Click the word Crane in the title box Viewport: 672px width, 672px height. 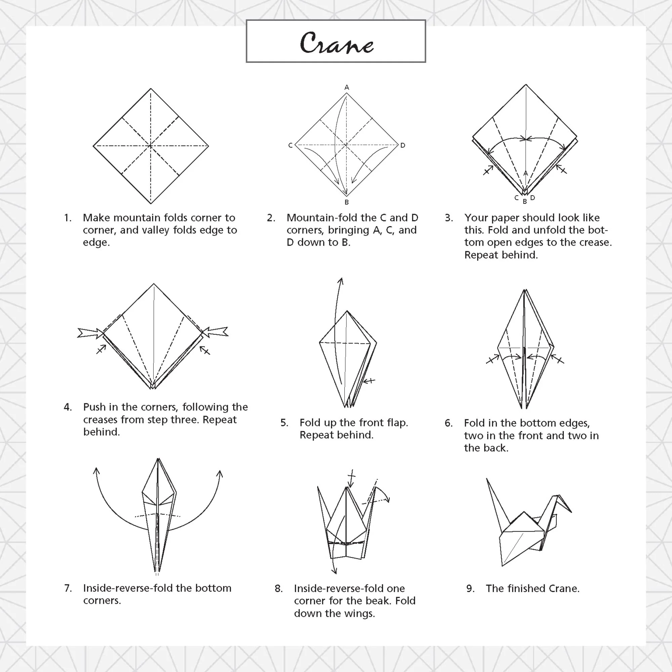click(x=336, y=43)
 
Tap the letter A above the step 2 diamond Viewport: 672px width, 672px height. click(x=346, y=87)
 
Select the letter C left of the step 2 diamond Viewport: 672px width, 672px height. click(x=290, y=145)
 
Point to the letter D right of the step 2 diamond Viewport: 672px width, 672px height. click(x=403, y=145)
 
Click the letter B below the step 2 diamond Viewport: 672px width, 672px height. click(x=346, y=202)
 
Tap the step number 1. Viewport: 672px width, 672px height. click(x=68, y=218)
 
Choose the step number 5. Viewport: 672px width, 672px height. click(x=284, y=423)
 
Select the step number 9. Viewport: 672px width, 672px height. click(x=470, y=589)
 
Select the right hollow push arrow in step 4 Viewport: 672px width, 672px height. click(x=215, y=332)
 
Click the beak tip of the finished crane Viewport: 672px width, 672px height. click(x=571, y=512)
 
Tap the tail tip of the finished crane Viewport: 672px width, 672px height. click(x=487, y=479)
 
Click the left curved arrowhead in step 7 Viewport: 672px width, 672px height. click(x=96, y=471)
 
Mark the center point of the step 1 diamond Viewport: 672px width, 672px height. click(x=151, y=146)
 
